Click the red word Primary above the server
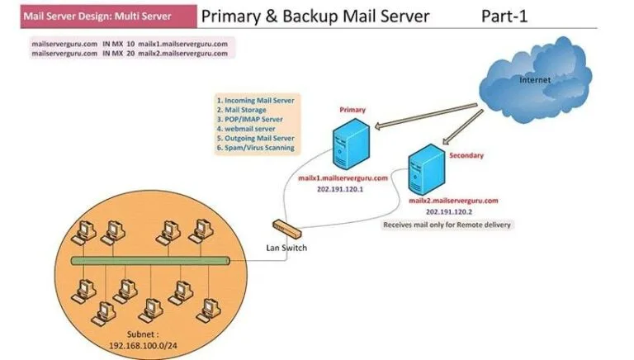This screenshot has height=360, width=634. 352,109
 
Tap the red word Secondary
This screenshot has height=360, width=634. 467,155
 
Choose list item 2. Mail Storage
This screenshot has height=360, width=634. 246,109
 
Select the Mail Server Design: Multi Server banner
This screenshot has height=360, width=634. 98,16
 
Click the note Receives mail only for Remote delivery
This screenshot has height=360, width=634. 447,225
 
